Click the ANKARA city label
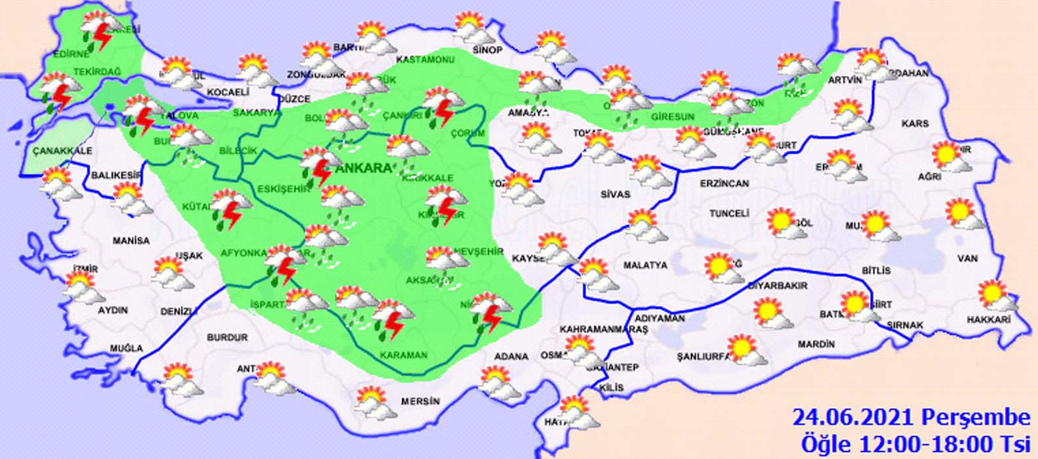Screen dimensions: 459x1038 click(x=363, y=168)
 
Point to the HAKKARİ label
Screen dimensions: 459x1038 click(x=989, y=319)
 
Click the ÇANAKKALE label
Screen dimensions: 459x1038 click(x=62, y=151)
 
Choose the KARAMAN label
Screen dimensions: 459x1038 click(x=403, y=355)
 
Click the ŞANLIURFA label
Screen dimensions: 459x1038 click(x=704, y=357)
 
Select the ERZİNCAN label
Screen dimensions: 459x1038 click(x=725, y=184)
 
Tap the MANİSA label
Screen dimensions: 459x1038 click(x=130, y=241)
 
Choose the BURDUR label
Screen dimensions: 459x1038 click(x=227, y=337)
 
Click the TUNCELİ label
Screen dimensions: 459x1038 click(x=729, y=214)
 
